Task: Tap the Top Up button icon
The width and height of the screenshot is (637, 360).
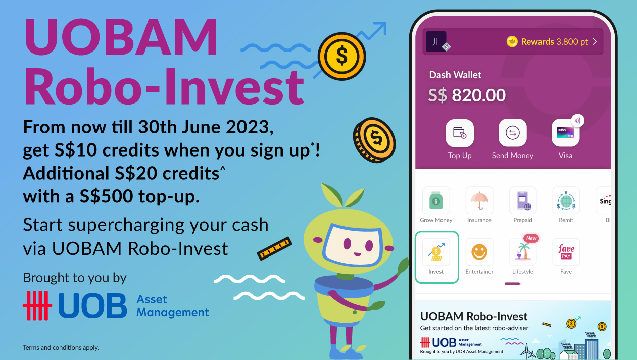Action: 460,133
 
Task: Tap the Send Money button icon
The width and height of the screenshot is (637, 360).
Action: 512,133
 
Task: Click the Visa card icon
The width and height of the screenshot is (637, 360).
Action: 565,133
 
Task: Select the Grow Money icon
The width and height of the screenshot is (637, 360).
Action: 436,200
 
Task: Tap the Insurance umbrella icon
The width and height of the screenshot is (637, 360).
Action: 479,200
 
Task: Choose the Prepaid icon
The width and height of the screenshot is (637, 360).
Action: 523,200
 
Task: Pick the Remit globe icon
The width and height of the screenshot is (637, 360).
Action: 566,200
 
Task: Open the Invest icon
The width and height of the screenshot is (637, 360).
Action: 436,252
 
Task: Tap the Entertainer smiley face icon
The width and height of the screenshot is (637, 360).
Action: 479,252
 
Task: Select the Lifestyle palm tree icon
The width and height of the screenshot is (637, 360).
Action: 523,252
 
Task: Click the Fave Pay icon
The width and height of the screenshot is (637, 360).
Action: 566,252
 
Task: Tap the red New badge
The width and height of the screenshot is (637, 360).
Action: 531,238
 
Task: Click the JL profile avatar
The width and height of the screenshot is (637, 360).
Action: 436,42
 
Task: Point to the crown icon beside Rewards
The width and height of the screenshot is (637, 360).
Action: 512,42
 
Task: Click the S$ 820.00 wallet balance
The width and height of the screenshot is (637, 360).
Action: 467,95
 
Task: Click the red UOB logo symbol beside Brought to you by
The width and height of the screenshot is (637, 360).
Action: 37,305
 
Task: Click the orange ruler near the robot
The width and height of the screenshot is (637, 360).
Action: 274,248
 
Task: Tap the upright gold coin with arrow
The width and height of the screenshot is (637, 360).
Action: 342,56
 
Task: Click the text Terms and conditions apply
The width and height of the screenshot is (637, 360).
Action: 61,347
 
